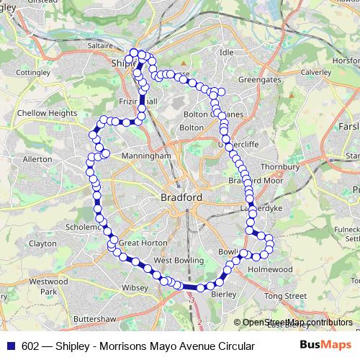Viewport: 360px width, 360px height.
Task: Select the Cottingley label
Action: click(35, 73)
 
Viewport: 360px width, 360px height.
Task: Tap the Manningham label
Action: click(146, 155)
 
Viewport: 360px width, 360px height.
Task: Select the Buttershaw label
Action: click(94, 318)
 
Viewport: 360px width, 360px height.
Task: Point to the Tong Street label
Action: click(285, 296)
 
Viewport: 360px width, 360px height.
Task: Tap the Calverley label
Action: click(315, 72)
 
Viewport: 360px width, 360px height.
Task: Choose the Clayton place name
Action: click(42, 243)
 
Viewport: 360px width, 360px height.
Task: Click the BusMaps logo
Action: click(326, 346)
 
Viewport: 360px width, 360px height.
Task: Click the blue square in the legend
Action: click(11, 346)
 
